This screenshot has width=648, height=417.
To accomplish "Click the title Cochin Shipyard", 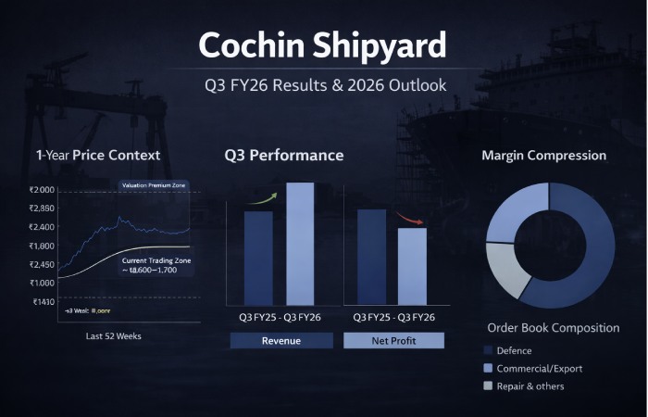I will point(323,44).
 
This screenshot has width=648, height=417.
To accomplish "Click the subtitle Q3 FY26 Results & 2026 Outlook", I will point(325,85).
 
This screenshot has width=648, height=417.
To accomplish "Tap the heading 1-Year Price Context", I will point(98,155).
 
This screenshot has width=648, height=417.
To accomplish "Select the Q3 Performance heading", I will point(284,155).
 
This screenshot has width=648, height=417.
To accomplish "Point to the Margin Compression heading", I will point(544,155).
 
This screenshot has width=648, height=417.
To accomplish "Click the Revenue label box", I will point(281,340).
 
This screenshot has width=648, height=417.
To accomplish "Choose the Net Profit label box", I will point(393,340).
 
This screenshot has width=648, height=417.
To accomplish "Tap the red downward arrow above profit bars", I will point(409,219).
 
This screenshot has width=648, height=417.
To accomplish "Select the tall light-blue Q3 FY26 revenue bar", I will point(302,244).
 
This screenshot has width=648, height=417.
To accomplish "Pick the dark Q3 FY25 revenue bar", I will point(258,259).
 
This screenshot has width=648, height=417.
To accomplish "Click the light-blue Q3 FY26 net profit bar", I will point(412,266).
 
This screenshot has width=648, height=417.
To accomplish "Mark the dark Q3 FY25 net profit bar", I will point(371,257).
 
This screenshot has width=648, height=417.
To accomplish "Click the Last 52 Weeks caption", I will point(114,335).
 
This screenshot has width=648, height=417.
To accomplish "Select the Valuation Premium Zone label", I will point(154,186).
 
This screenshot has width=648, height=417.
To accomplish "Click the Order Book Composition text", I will point(554,328).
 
